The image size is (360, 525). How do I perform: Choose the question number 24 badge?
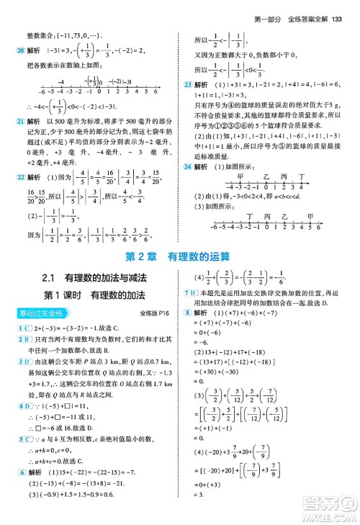[188, 166]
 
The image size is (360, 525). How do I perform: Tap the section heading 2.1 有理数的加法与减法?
[94, 279]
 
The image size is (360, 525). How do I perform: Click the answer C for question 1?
[26, 328]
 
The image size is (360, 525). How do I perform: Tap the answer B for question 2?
[26, 341]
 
